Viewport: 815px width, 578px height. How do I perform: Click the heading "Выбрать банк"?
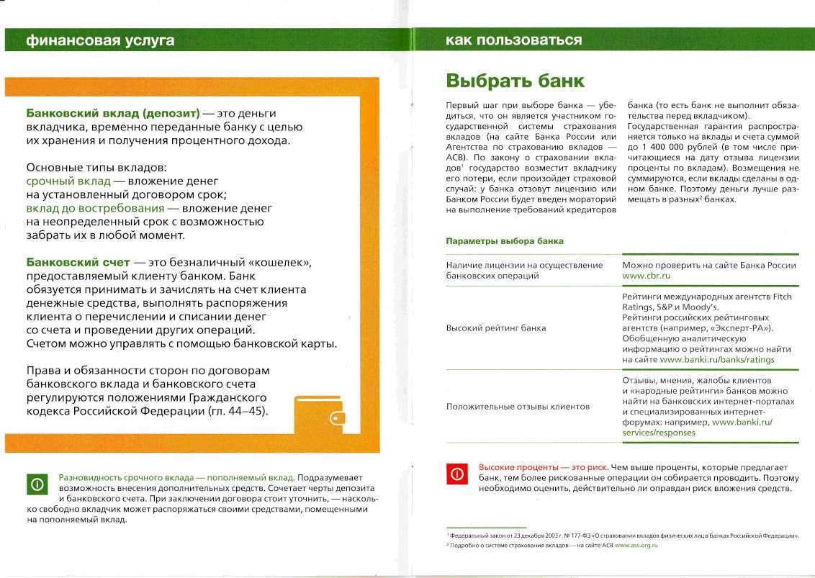[515, 80]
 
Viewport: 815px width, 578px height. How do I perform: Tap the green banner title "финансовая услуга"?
[100, 40]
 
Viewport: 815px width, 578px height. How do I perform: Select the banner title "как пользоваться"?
[513, 40]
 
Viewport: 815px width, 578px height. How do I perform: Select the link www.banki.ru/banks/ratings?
[717, 359]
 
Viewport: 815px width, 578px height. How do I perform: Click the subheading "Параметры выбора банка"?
[505, 241]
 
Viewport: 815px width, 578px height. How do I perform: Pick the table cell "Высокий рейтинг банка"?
[496, 328]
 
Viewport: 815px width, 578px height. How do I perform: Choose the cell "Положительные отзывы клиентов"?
[518, 407]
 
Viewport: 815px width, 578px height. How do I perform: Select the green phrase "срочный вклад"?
[68, 181]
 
